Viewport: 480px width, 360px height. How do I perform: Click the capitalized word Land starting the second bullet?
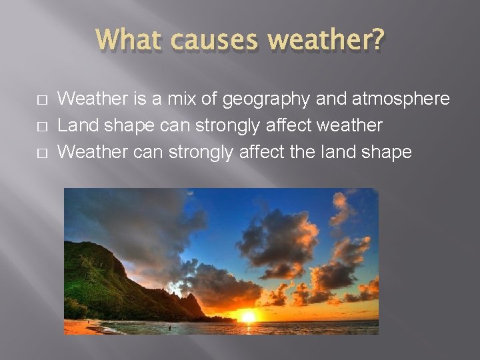coord(75,125)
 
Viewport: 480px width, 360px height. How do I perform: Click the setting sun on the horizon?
coord(248,316)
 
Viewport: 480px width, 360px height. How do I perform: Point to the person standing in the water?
coord(169,327)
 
